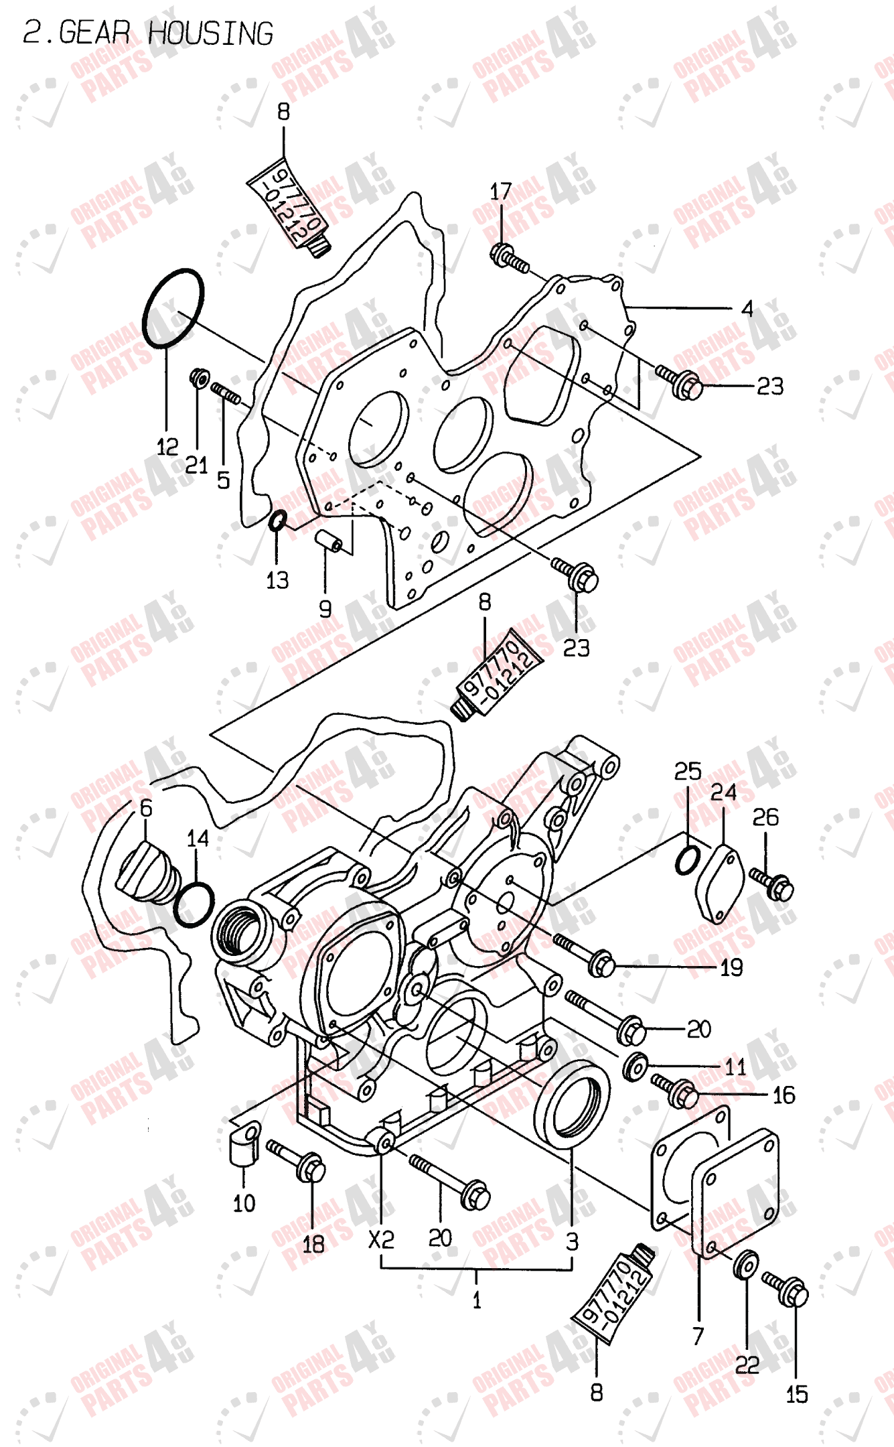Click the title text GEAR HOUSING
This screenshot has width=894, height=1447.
147,33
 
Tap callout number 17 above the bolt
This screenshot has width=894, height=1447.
500,192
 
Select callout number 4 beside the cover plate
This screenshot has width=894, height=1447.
747,309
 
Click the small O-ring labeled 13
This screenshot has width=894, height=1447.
277,520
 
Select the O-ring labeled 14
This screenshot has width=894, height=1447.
194,904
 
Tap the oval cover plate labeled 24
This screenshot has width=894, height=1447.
719,884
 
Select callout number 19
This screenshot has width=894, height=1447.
731,967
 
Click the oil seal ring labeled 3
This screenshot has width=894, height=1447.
573,1102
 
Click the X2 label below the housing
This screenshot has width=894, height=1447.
381,1239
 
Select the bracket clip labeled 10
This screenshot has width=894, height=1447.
243,1147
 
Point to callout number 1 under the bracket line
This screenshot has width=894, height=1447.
476,1300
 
